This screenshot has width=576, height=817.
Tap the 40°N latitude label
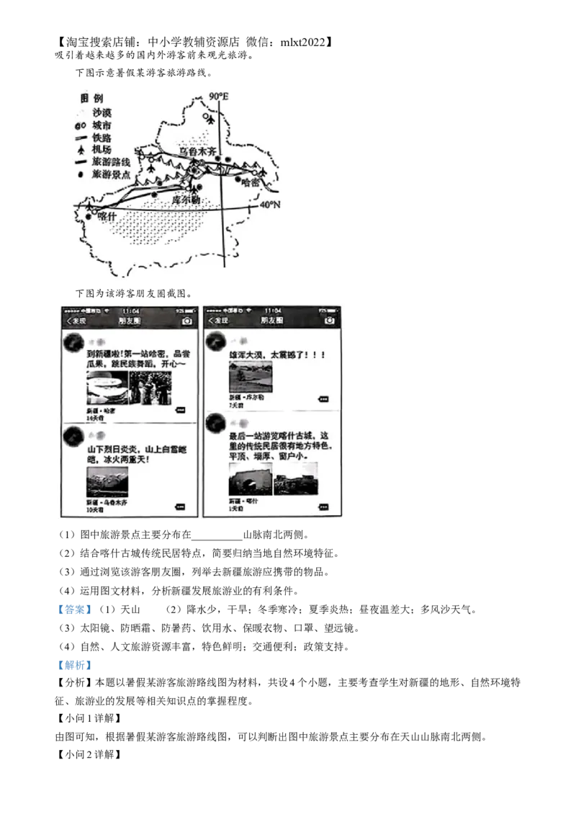click(x=269, y=205)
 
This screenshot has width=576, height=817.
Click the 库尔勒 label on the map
click(x=185, y=199)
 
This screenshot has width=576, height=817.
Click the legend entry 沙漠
click(x=102, y=112)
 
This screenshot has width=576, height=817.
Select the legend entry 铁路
click(x=102, y=137)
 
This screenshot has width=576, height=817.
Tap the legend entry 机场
click(x=102, y=149)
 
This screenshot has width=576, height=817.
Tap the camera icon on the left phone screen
click(x=187, y=321)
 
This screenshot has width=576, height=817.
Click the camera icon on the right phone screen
click(x=330, y=321)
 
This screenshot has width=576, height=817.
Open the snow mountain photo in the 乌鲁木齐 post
click(x=107, y=481)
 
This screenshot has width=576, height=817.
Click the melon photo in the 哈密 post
click(x=107, y=388)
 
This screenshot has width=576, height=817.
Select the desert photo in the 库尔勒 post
click(x=251, y=377)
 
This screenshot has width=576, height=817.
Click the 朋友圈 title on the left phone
click(x=130, y=321)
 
